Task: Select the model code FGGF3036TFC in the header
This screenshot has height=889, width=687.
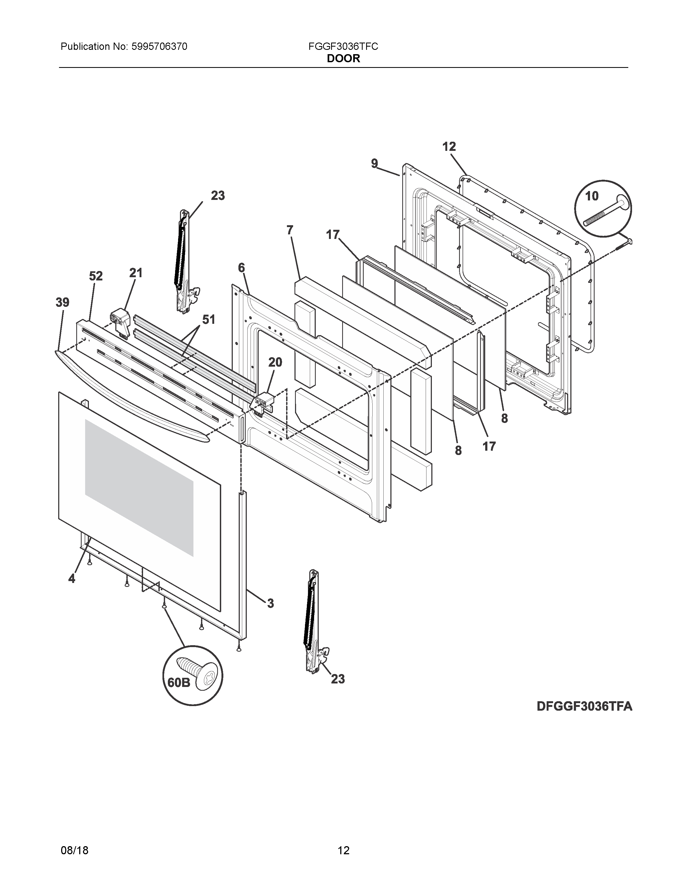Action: pos(343,47)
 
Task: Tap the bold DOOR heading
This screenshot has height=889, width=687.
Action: pos(343,59)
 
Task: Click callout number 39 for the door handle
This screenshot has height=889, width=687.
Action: pos(63,303)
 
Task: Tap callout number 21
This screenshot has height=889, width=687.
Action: pos(136,273)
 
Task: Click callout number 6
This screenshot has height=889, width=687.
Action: pos(241,268)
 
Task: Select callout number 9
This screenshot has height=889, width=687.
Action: pos(374,164)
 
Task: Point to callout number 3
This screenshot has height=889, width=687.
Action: pos(270,603)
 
